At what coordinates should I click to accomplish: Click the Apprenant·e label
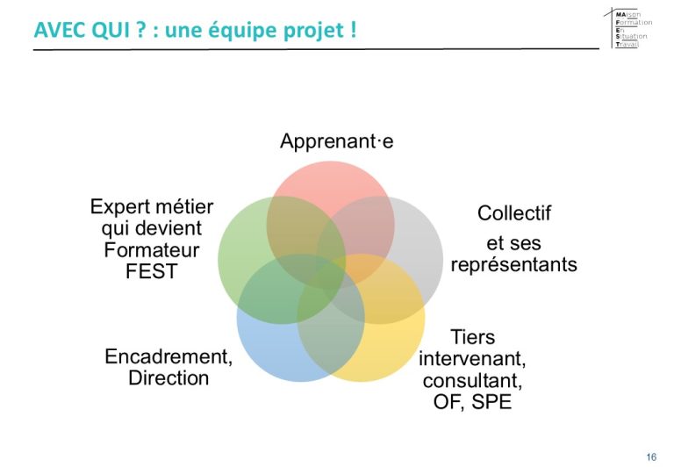point(337,141)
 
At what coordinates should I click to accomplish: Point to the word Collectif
point(514,212)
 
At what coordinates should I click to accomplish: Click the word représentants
point(513,264)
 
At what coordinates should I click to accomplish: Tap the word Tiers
point(472,337)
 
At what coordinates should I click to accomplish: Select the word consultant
point(471,381)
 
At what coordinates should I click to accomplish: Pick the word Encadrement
point(167,356)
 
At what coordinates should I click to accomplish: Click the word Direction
point(168,378)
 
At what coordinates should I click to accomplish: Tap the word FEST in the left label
point(151,271)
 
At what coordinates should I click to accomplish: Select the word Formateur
point(151,250)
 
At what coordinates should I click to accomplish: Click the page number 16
point(651,456)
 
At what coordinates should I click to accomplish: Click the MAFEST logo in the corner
point(629,28)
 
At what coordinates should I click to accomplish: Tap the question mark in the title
point(140,30)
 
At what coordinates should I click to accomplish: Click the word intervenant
point(471,359)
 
